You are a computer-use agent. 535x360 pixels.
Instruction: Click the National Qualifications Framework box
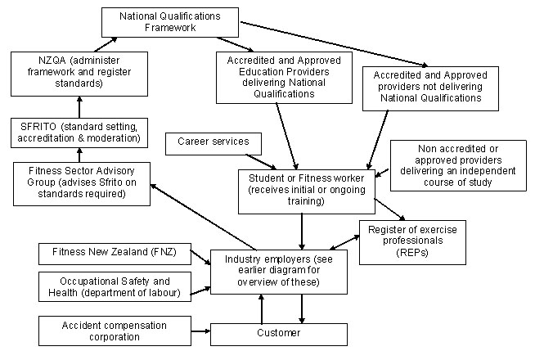170,22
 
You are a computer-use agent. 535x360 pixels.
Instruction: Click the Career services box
213,142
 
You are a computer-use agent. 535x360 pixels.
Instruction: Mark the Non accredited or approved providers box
458,165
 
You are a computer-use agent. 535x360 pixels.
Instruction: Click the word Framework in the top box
170,28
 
